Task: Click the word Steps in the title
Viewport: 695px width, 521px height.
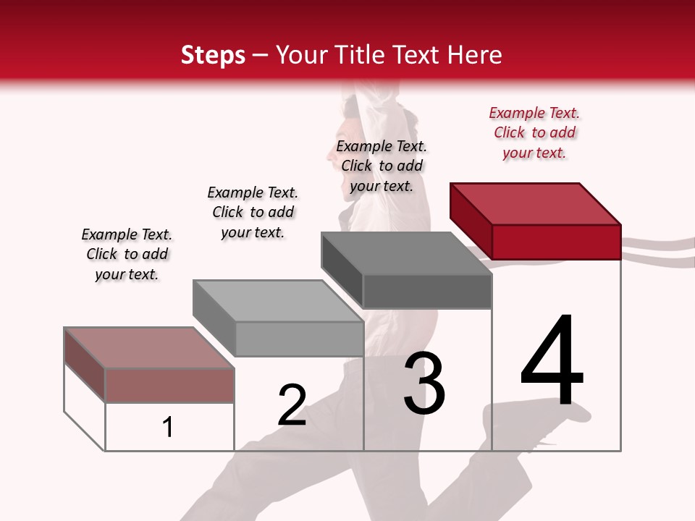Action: click(x=213, y=55)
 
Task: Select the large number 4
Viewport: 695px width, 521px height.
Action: click(x=552, y=362)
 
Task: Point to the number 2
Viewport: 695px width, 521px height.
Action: click(x=292, y=405)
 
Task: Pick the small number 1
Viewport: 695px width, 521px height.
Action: click(x=168, y=427)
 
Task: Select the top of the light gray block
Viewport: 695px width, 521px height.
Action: click(x=278, y=301)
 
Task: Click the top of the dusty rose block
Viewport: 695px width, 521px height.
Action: click(x=149, y=348)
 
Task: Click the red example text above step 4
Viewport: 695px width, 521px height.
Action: click(x=534, y=132)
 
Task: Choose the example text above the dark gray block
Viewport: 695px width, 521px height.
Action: click(x=382, y=166)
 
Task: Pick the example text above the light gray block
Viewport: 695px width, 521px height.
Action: click(x=253, y=212)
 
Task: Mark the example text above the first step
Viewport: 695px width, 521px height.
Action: click(x=127, y=254)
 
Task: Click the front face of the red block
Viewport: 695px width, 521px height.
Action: click(x=556, y=242)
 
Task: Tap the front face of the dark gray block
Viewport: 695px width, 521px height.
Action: click(x=427, y=292)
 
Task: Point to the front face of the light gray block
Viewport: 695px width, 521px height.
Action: click(x=299, y=339)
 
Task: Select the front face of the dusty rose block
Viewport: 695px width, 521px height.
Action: click(x=169, y=385)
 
